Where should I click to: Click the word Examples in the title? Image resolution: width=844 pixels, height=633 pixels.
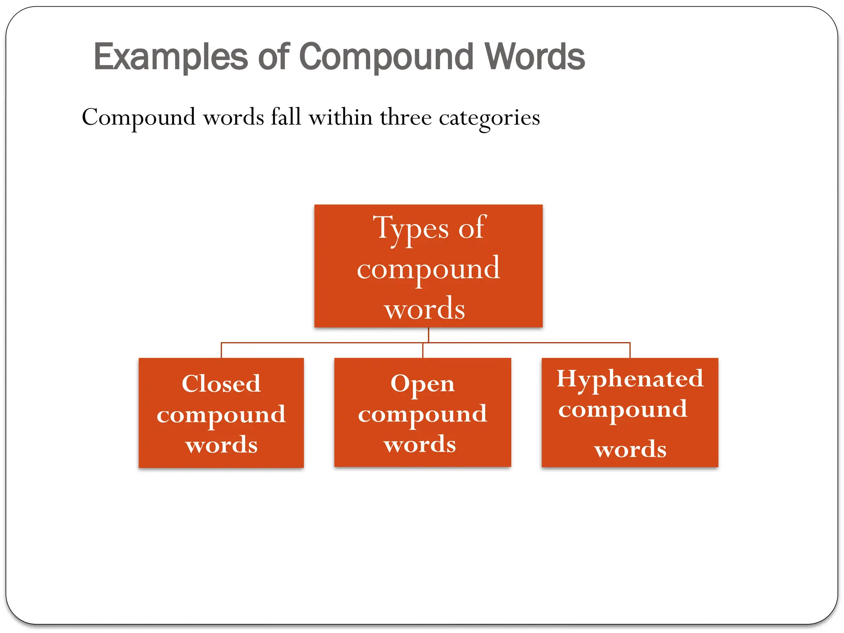click(171, 57)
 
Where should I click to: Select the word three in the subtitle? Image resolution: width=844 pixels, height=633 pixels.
click(406, 117)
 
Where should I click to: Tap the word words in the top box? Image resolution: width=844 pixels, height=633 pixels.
click(424, 309)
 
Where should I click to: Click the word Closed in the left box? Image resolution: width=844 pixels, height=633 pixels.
click(221, 384)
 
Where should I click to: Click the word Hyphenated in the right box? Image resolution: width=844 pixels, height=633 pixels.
click(630, 379)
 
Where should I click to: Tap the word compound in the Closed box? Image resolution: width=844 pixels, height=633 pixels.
click(221, 415)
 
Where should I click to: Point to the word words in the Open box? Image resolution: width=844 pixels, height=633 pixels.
click(420, 444)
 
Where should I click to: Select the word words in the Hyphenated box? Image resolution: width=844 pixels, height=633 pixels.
click(630, 449)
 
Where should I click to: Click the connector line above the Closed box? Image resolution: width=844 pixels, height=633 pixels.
click(221, 350)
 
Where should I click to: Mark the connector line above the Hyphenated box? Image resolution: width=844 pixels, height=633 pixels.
click(630, 350)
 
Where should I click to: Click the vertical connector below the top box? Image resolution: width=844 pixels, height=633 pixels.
click(429, 335)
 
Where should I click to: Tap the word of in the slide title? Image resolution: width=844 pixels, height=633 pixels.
click(274, 57)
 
